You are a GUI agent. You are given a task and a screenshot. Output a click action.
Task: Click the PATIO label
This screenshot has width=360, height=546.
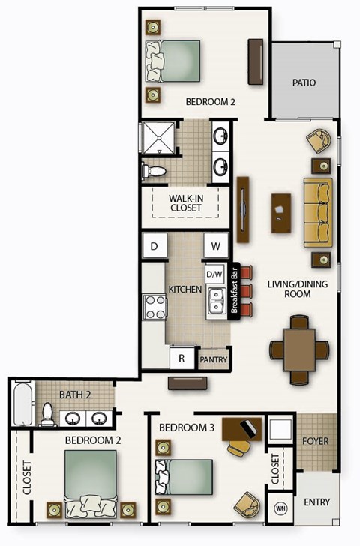pos(304,82)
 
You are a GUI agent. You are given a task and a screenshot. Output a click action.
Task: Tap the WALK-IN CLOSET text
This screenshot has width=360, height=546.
pos(186,202)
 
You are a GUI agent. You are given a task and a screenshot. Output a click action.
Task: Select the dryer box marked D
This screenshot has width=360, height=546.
pos(154,245)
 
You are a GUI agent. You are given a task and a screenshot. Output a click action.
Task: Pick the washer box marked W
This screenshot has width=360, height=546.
pos(216,245)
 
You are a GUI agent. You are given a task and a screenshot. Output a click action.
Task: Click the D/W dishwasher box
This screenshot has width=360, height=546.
pos(215,273)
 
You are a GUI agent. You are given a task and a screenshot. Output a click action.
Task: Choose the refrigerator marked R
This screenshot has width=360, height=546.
pos(181,358)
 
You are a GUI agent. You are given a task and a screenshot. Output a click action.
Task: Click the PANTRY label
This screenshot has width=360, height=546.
pos(214,360)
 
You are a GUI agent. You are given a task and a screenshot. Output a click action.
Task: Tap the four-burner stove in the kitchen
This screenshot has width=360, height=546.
pos(154,307)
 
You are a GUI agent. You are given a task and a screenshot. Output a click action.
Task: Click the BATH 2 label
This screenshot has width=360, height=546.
pos(76,394)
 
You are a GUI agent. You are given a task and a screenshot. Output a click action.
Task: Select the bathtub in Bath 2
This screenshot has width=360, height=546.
pos(22,404)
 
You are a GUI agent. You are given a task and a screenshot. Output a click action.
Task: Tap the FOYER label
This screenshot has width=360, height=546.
pos(315,441)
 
